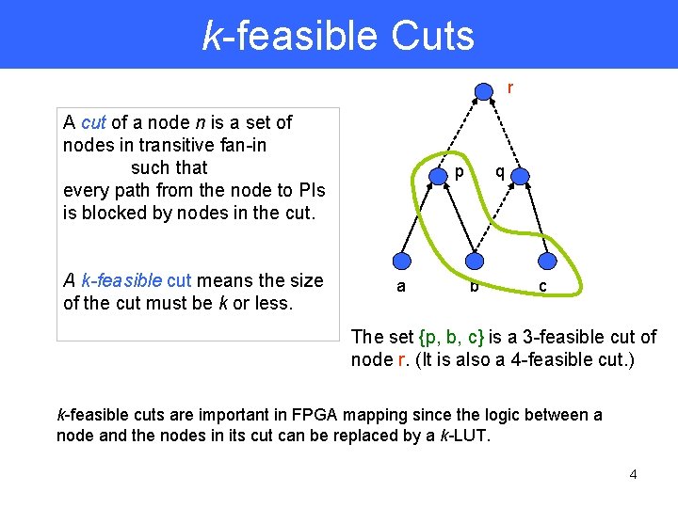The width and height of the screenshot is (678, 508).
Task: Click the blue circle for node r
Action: coord(483,91)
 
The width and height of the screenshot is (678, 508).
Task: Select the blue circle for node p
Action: coord(440,176)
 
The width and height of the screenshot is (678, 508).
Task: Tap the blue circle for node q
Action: coord(524,176)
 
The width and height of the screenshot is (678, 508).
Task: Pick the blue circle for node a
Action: coord(402,262)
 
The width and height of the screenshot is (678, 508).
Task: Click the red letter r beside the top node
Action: coord(510,88)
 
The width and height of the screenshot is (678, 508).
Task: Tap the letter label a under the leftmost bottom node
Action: coord(401,286)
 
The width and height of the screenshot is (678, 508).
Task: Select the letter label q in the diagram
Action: coord(500,172)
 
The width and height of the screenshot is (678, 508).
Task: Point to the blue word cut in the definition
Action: coord(93,122)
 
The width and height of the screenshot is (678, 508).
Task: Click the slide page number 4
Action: coord(633,474)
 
